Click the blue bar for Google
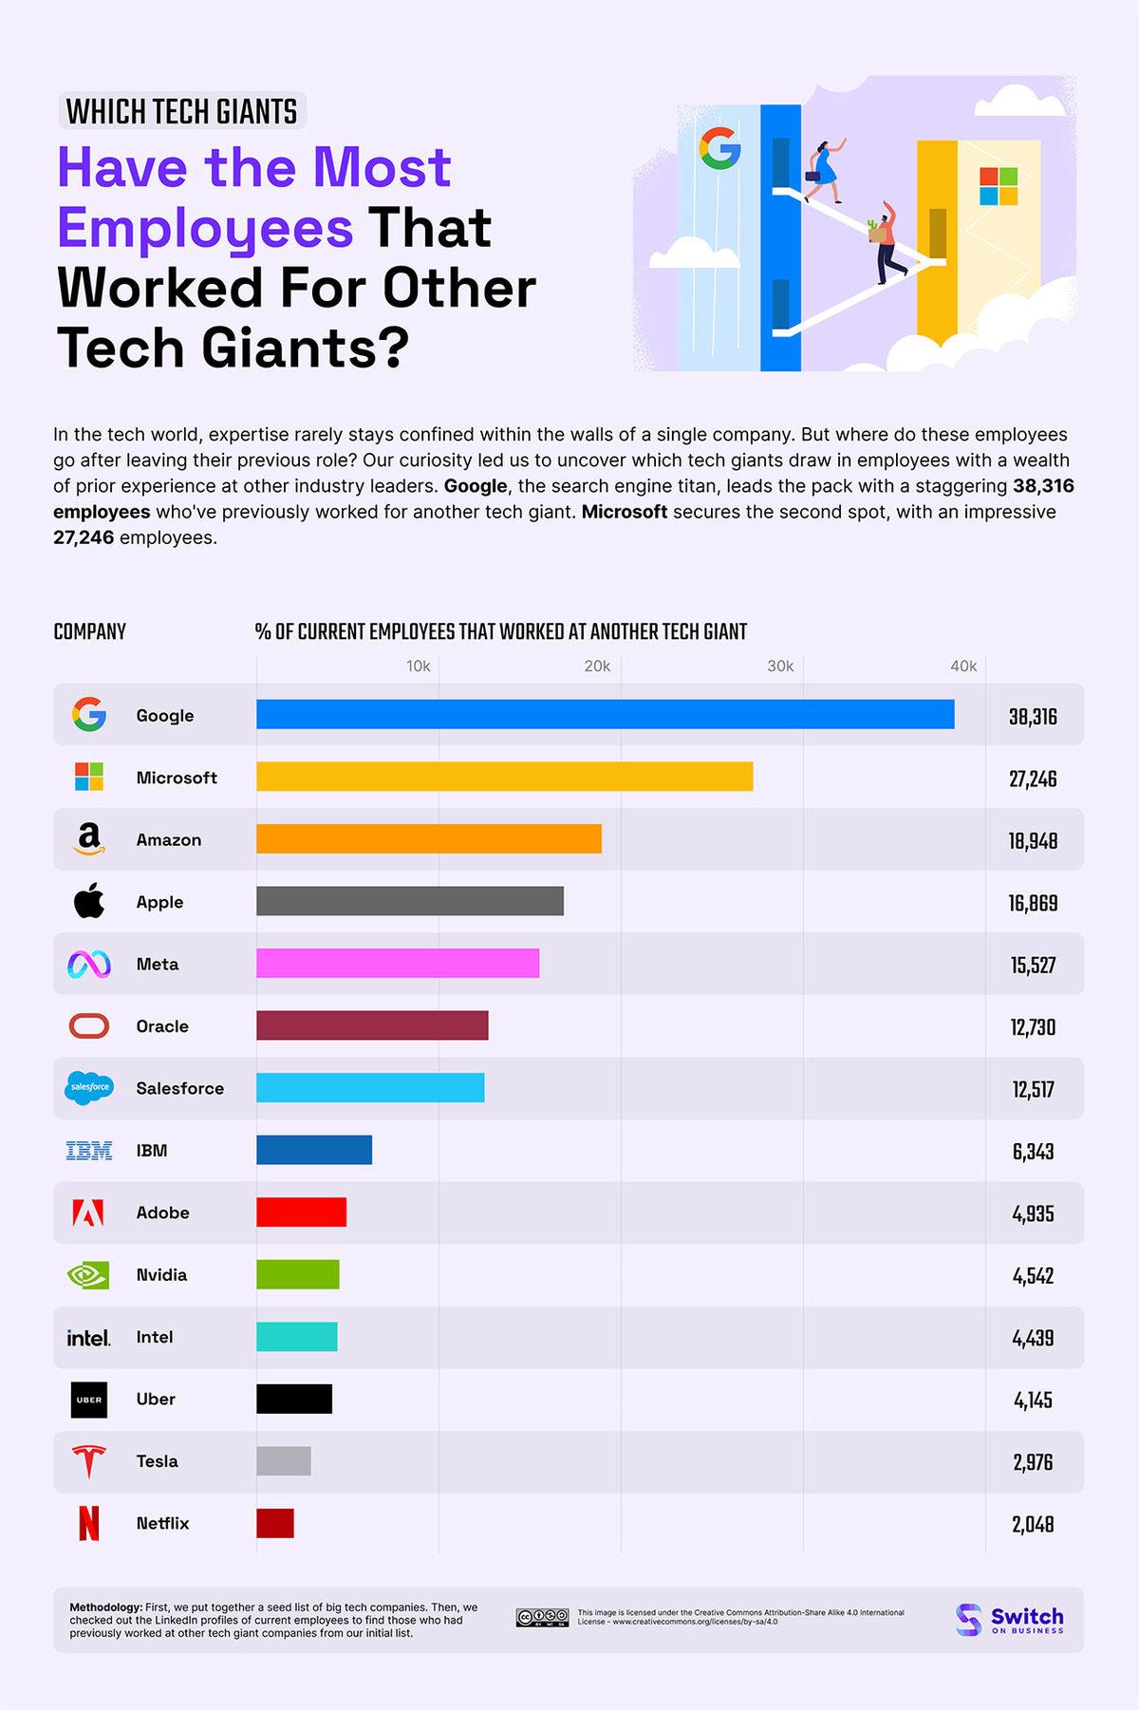605,714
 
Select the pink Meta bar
398,963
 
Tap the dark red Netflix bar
275,1523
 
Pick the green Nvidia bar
297,1274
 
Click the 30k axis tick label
780,667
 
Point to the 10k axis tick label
418,667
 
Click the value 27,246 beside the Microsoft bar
1033,779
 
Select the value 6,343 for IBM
1033,1152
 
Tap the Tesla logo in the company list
89,1461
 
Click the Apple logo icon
89,901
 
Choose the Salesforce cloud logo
89,1088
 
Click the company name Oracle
162,1026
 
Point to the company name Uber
156,1399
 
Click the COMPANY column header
90,632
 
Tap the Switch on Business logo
1010,1620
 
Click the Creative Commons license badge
542,1618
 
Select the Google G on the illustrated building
719,148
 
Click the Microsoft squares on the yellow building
999,186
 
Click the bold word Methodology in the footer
106,1607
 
